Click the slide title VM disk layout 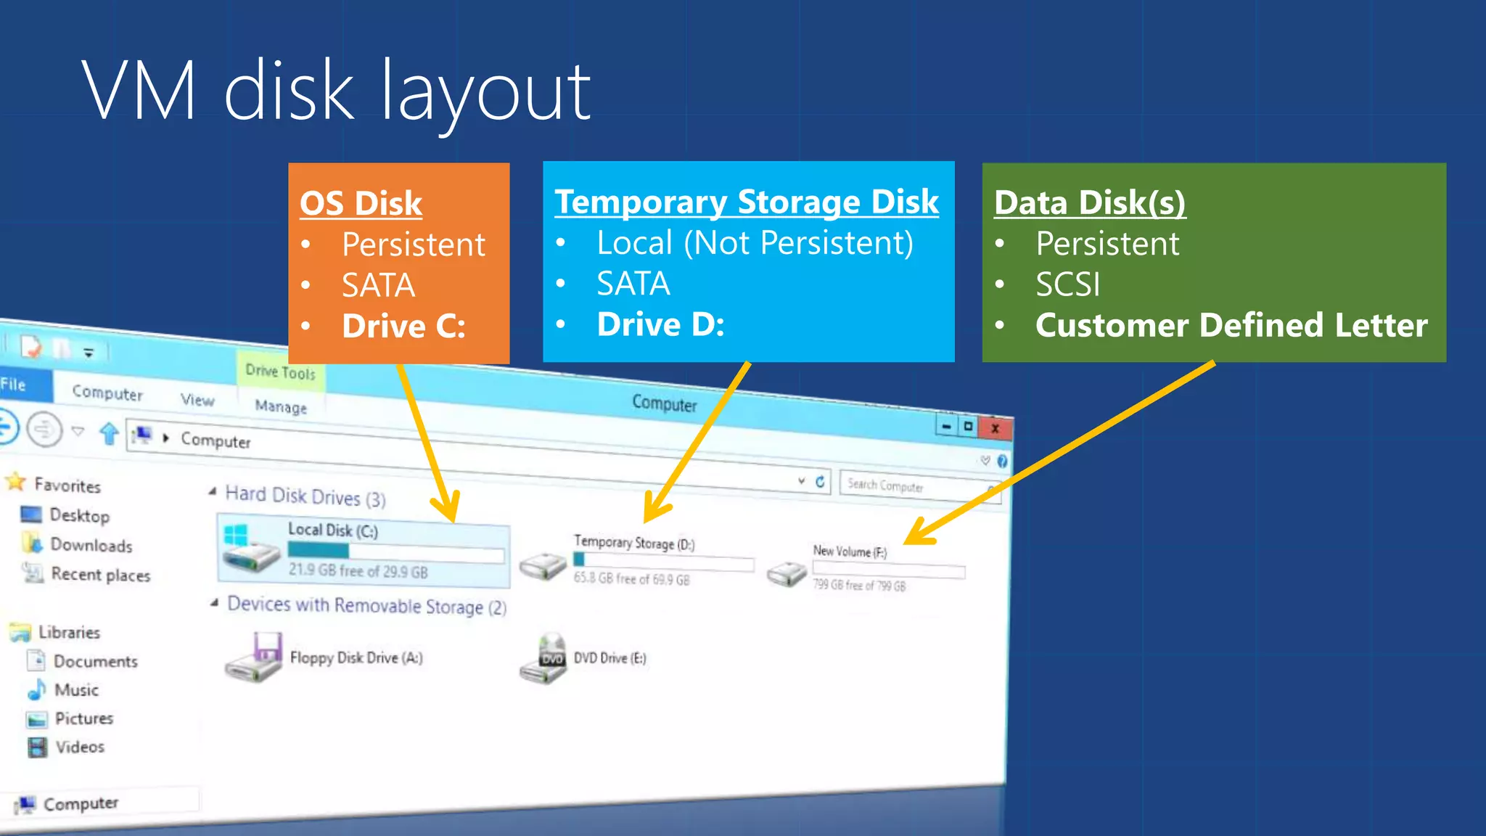pos(335,91)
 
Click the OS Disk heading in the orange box pos(361,203)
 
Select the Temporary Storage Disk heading pos(747,202)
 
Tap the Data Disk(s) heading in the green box pos(1089,202)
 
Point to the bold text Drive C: pos(403,326)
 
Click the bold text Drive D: pos(660,324)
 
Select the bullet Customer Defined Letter pos(1231,325)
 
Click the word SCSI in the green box pos(1067,284)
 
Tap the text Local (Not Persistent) pos(755,243)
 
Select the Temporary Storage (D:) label pos(633,543)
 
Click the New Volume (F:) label pos(849,552)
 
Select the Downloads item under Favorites pos(91,545)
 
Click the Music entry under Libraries pos(76,689)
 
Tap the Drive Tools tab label pos(280,372)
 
